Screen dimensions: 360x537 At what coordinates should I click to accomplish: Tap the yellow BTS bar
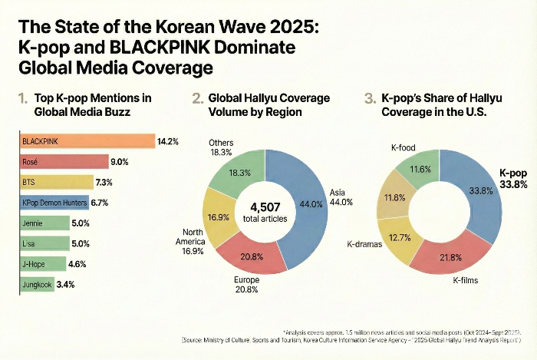(x=58, y=183)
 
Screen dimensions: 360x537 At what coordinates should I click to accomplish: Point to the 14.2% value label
(x=167, y=141)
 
